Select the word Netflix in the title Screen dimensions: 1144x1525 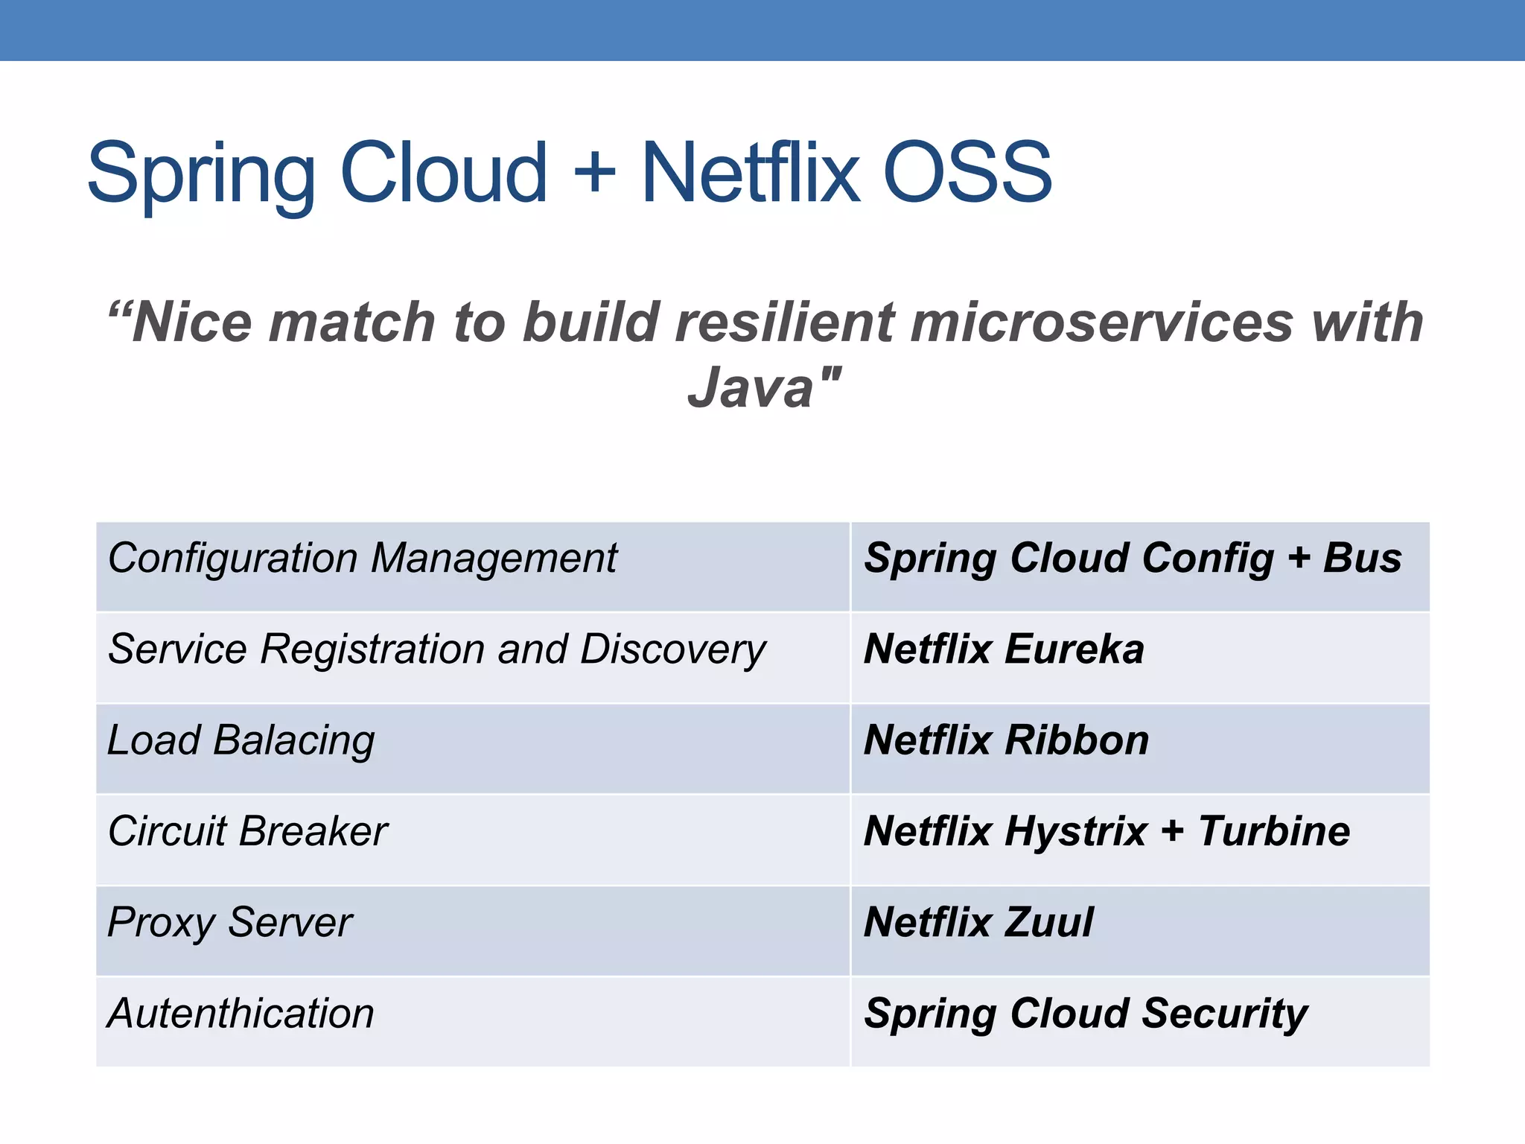(751, 173)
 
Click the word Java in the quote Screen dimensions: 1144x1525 (751, 388)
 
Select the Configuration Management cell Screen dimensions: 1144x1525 (472, 567)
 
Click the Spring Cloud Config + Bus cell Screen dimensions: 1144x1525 (1139, 567)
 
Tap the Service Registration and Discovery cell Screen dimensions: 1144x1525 (472, 658)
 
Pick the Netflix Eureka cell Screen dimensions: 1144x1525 (1139, 658)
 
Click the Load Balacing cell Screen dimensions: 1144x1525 (472, 749)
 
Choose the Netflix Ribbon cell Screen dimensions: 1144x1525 (1139, 749)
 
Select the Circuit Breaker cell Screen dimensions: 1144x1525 (472, 839)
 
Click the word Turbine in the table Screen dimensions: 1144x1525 (1274, 831)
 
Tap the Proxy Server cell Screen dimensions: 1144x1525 (472, 930)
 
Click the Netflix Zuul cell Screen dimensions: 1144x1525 (1139, 930)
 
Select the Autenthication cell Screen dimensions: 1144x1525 (472, 1021)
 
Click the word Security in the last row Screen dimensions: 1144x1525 (1224, 1014)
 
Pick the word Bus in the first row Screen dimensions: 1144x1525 (1362, 559)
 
